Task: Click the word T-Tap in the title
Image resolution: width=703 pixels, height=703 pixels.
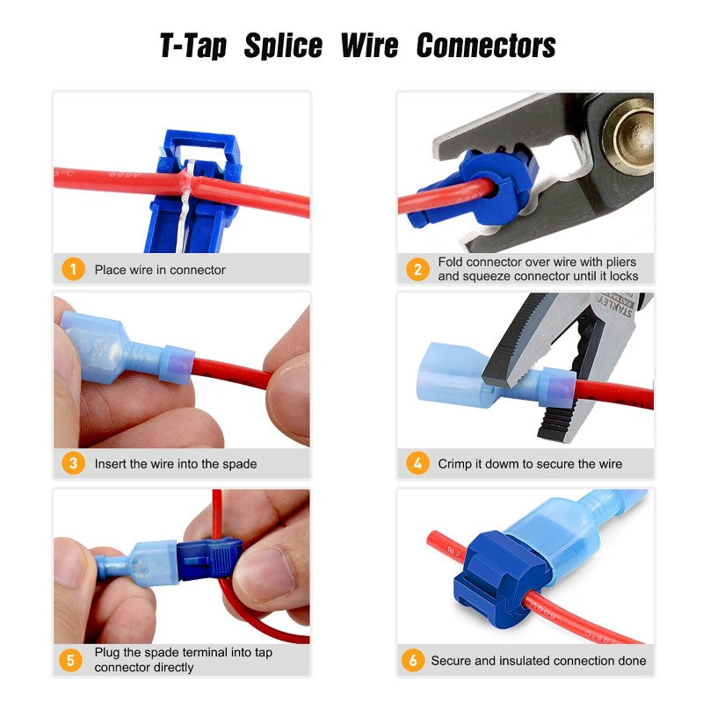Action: (195, 46)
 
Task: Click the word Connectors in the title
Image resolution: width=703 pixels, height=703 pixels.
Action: (486, 46)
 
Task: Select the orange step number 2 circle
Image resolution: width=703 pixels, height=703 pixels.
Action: (417, 269)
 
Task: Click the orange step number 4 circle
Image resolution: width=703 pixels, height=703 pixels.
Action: (417, 463)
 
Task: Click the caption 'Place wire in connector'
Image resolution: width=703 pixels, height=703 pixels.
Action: (160, 270)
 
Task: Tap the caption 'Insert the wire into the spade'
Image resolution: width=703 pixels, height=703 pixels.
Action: (176, 463)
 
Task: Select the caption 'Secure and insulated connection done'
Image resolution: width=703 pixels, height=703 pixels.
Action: (538, 660)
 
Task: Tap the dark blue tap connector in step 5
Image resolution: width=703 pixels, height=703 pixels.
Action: (208, 558)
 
